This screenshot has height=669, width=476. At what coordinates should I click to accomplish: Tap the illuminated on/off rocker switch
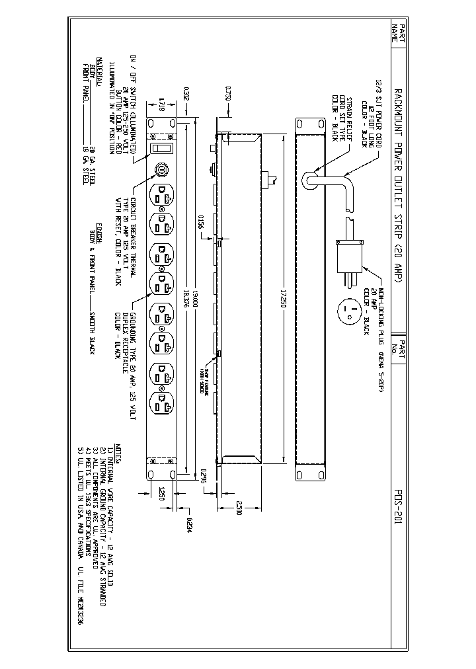(x=160, y=149)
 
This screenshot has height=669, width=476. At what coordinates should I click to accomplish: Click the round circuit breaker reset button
(x=160, y=171)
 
